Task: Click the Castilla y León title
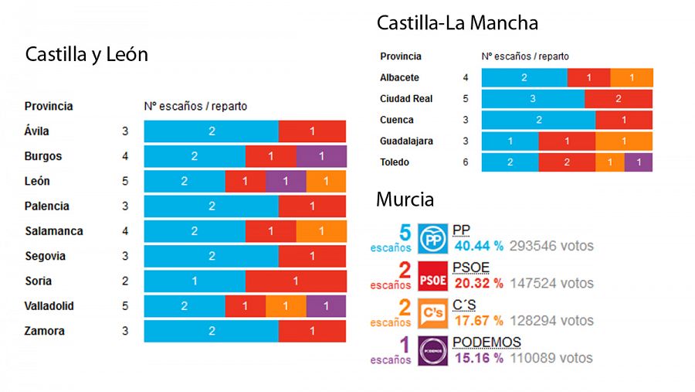86,56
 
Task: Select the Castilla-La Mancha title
457,23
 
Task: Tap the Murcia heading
405,199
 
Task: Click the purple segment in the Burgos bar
321,156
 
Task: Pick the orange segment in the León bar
326,181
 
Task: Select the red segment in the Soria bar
296,281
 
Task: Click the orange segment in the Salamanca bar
321,231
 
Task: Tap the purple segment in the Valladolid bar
326,306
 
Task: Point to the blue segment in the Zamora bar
212,331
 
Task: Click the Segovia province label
45,256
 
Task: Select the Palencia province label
46,206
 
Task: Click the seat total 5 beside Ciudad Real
466,99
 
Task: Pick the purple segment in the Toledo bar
639,162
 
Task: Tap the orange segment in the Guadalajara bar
624,141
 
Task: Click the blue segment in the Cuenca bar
538,120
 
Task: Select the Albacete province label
399,78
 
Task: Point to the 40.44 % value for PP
479,246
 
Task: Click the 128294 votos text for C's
551,319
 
